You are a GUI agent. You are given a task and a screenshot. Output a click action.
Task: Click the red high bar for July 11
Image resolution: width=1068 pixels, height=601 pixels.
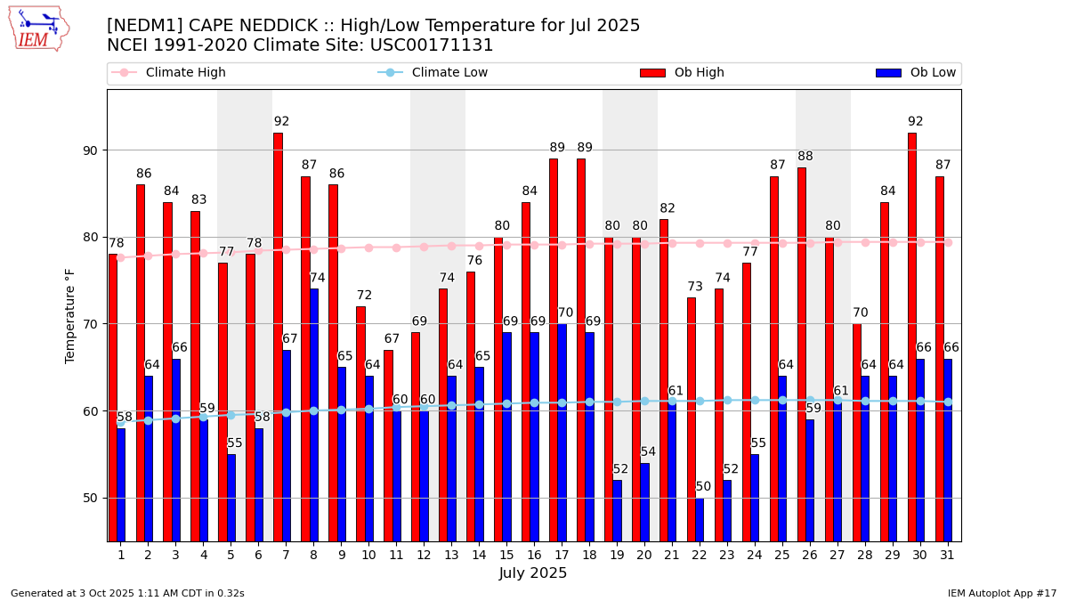pos(388,445)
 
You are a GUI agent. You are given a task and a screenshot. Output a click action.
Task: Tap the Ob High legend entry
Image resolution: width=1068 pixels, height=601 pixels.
pos(682,73)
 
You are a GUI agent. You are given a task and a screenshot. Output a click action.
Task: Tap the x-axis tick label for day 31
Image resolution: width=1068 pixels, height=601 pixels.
pos(947,555)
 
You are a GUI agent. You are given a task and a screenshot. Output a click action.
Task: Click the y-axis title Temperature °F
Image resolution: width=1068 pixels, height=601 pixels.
pos(70,315)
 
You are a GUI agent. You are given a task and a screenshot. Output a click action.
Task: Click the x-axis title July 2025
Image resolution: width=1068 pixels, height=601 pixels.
pos(533,573)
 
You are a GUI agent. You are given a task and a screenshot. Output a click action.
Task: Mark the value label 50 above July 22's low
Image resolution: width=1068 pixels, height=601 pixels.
pos(703,487)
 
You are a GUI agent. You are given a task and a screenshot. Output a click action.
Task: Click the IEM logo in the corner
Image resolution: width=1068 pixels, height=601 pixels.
pos(38,28)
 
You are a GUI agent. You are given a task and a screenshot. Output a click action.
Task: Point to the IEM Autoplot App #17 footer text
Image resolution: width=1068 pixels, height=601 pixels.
pos(1001,593)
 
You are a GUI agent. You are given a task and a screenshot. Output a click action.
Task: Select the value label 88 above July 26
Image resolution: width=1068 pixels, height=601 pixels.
pos(805,157)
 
